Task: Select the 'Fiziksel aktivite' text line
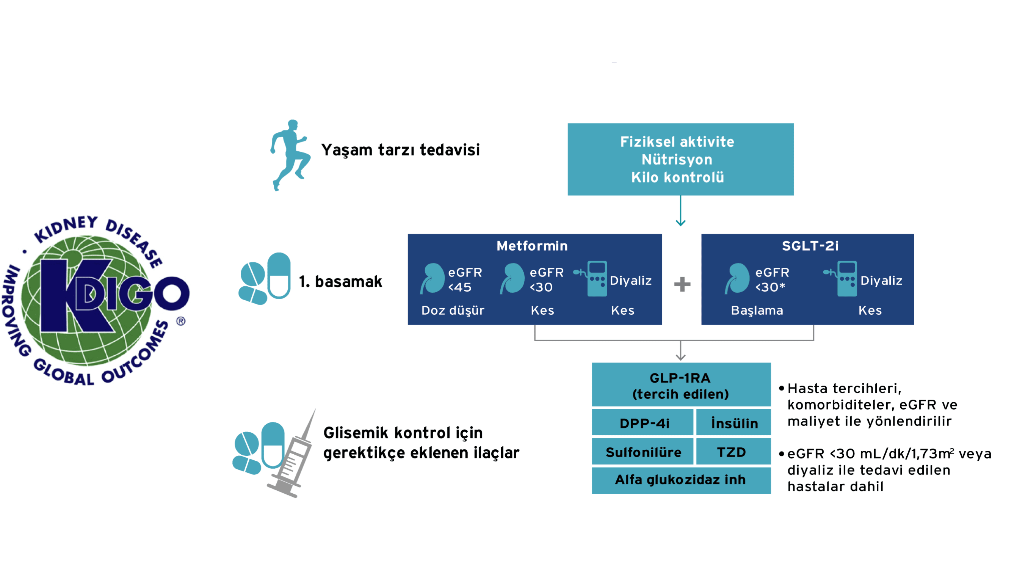(x=677, y=142)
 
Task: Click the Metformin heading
(x=532, y=246)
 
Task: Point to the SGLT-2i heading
(x=810, y=246)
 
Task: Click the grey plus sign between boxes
(x=682, y=284)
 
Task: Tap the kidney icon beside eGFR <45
(x=432, y=278)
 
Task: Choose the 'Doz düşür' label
(x=453, y=310)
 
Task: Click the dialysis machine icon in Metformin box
(x=595, y=278)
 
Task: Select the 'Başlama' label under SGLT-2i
(x=757, y=310)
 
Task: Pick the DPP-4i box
(x=644, y=423)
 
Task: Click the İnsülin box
(x=734, y=423)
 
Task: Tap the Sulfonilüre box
(x=643, y=452)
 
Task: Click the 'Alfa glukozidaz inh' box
(x=680, y=479)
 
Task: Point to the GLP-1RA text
(x=680, y=378)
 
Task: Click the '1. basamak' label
(x=340, y=281)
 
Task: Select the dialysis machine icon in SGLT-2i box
(x=844, y=278)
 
